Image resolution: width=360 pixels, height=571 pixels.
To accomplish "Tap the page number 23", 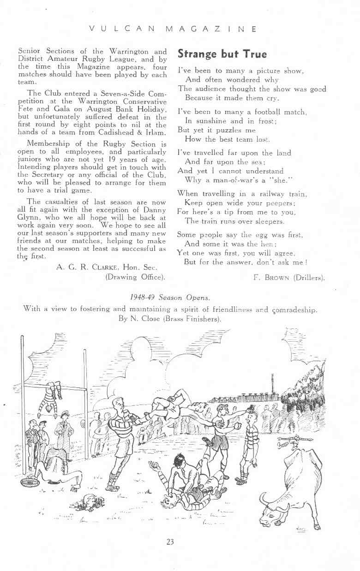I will [170, 541].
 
